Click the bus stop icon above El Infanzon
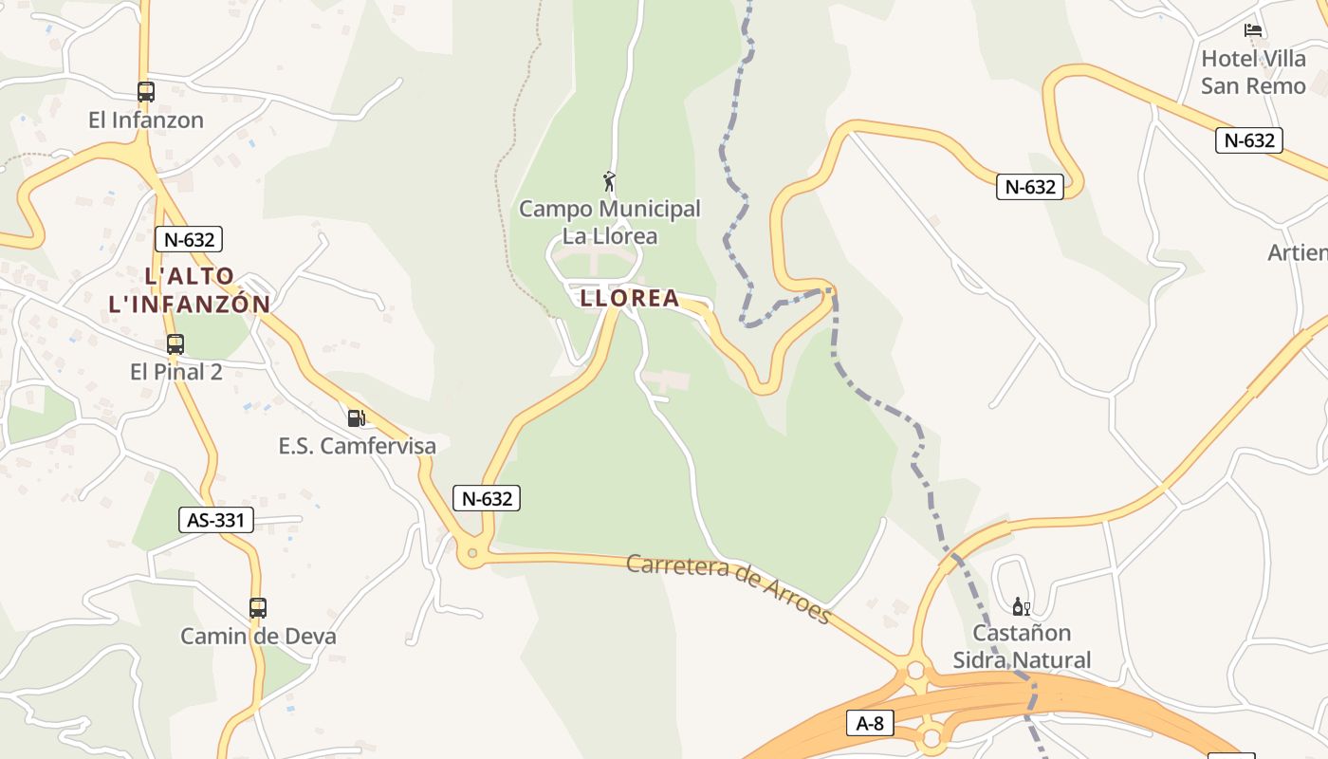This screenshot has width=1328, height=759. click(x=146, y=92)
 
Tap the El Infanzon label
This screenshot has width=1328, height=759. click(x=146, y=120)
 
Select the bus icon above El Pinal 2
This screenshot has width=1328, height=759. click(x=175, y=344)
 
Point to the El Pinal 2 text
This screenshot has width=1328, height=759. click(x=176, y=372)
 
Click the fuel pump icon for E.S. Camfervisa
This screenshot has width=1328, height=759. click(x=356, y=417)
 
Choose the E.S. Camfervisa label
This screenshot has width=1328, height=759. click(x=357, y=446)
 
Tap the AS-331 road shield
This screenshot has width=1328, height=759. click(x=216, y=520)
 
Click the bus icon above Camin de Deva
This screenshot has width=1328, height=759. click(x=258, y=608)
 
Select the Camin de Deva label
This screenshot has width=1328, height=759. click(x=258, y=636)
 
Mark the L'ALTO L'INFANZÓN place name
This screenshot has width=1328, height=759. click(x=190, y=290)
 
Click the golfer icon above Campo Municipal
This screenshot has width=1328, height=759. click(x=610, y=180)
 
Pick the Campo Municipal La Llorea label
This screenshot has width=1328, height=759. click(x=610, y=222)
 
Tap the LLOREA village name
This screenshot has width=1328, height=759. click(x=630, y=298)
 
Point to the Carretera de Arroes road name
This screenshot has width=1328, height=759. click(x=729, y=589)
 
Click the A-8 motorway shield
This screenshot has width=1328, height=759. click(x=870, y=724)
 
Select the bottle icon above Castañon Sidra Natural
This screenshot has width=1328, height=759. click(x=1021, y=606)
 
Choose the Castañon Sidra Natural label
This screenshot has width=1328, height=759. click(x=1022, y=646)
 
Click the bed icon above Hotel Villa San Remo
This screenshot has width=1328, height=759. click(x=1253, y=30)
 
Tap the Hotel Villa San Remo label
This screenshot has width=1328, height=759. click(x=1253, y=72)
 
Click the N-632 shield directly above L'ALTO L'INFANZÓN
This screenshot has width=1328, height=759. click(x=190, y=239)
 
